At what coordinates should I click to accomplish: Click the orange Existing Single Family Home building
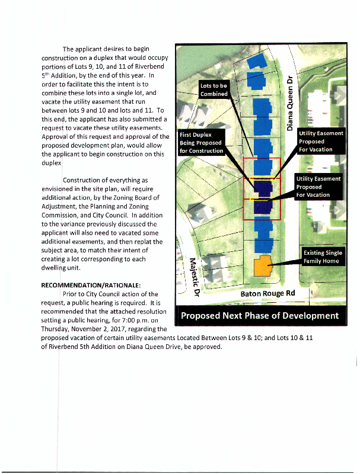[262, 267]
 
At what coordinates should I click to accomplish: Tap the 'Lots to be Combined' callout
[214, 90]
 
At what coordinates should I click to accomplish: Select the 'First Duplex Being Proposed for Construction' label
[201, 143]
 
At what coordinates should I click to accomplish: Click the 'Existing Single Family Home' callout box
[323, 257]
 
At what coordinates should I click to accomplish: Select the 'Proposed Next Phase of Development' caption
[260, 315]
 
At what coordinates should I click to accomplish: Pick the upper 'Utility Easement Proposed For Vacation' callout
[320, 141]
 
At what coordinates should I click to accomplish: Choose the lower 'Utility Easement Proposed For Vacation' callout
[318, 187]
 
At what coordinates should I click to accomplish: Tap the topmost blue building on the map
[257, 61]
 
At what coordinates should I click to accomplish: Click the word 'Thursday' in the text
[57, 328]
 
